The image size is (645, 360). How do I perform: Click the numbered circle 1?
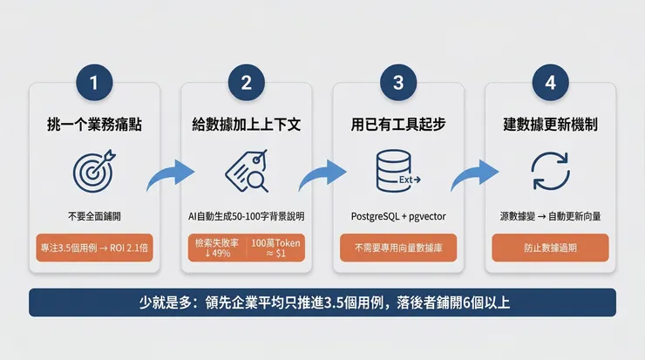[94, 84]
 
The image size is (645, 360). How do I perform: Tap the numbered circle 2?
[246, 84]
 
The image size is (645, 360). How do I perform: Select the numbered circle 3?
[398, 84]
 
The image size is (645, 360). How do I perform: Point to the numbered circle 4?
[550, 84]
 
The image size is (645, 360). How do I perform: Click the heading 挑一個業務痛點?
[94, 125]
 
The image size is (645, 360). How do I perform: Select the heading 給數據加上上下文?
[246, 125]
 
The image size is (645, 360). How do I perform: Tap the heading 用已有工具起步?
[398, 125]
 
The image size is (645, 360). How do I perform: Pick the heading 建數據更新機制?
[550, 125]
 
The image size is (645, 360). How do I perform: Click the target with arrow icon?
[94, 171]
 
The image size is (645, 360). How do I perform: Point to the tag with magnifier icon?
[246, 171]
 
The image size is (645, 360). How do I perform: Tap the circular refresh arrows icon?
[550, 171]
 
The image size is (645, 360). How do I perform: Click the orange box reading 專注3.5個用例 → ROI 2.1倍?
[94, 248]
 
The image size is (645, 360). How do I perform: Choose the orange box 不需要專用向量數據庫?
[398, 248]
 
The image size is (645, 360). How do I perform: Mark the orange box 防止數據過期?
[550, 248]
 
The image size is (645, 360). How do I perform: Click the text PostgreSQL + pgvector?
[398, 214]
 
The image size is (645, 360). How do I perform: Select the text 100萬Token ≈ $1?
[275, 248]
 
